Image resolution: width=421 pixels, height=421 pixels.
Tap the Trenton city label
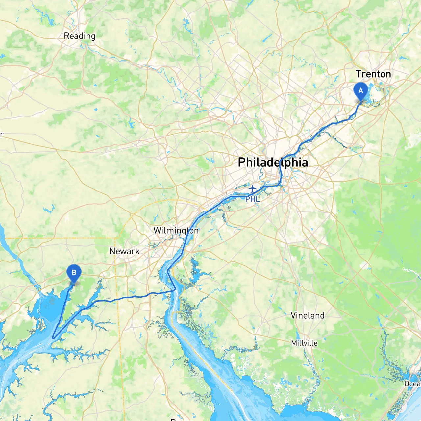tap(373, 74)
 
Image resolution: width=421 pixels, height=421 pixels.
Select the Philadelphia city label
tap(273, 162)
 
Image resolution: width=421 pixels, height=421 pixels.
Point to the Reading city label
tap(80, 36)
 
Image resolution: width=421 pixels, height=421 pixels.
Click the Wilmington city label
tap(176, 230)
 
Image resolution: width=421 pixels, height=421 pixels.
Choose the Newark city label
tap(124, 251)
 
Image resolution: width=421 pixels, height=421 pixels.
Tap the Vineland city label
tap(308, 315)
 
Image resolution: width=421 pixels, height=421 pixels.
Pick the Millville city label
tap(304, 343)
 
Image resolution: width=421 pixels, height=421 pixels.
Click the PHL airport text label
tap(253, 199)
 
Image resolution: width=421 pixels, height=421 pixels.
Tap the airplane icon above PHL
tap(252, 189)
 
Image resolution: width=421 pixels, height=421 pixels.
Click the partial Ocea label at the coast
tap(412, 384)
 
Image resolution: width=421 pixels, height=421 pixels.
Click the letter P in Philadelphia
tap(241, 162)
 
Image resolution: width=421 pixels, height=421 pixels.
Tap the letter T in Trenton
tap(359, 74)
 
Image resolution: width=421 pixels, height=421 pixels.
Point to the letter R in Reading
tap(66, 36)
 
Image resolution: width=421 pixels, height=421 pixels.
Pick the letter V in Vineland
tap(293, 315)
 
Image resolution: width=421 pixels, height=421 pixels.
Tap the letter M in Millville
tap(294, 343)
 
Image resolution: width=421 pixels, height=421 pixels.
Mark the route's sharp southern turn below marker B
tap(53, 338)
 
